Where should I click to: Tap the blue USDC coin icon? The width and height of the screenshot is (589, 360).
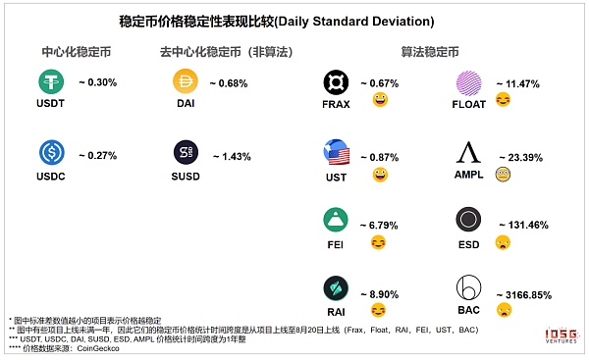click(51, 152)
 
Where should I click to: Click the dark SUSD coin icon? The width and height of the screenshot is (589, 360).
click(186, 152)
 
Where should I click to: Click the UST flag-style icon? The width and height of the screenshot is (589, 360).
click(337, 153)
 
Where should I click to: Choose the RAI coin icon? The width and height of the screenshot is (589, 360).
click(337, 289)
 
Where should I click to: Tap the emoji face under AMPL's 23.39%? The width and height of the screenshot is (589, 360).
click(503, 173)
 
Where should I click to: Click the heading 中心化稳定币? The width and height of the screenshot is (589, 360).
click(75, 51)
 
